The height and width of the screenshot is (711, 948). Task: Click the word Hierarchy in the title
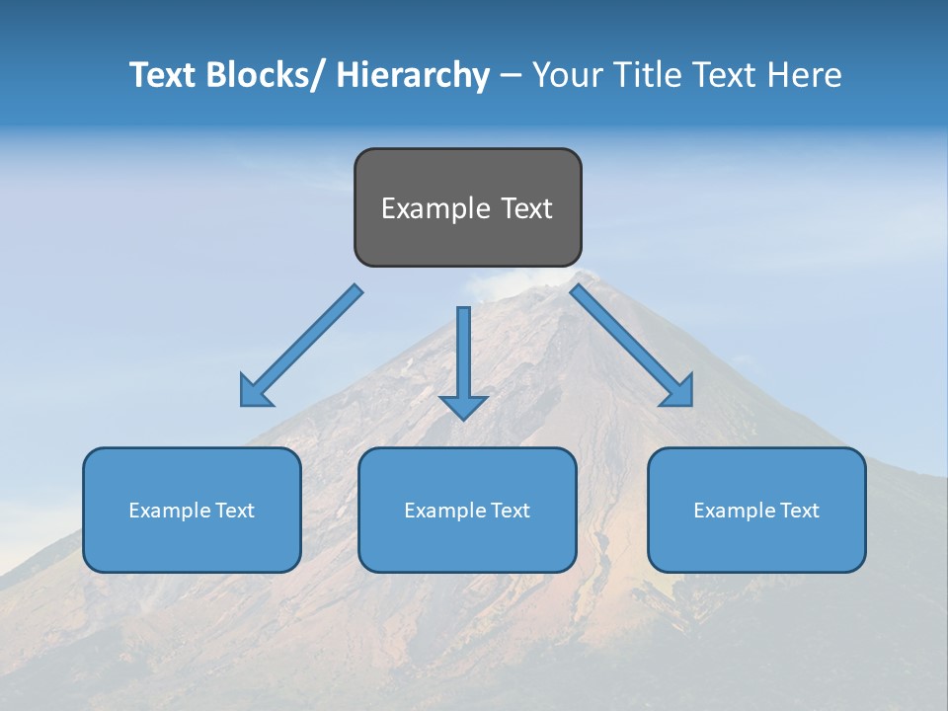(x=413, y=75)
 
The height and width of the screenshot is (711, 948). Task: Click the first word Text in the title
(x=163, y=75)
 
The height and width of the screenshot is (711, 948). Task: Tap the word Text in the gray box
(x=526, y=209)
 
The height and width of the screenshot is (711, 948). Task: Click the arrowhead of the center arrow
(x=463, y=407)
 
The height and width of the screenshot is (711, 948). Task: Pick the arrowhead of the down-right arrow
(x=678, y=392)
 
